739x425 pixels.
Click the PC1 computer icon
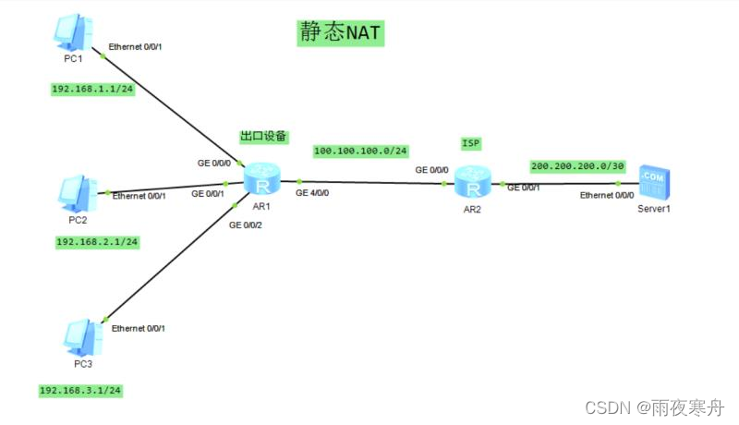72,34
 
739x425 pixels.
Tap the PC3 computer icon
80,337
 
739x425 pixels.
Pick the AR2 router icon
473,185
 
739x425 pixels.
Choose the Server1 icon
653,183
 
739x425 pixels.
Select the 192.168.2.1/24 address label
97,242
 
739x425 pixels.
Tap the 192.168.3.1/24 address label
80,391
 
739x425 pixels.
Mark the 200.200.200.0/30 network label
578,166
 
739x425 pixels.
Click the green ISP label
471,143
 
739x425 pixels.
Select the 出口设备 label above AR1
263,136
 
